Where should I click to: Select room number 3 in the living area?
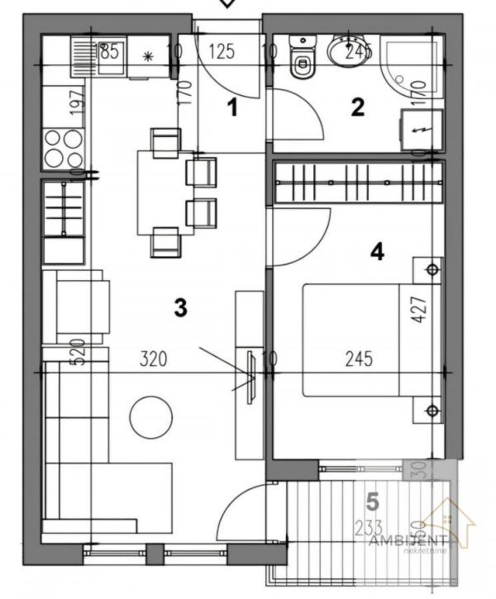[180, 308]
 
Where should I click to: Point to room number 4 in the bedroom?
[377, 251]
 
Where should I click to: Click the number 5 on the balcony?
[372, 501]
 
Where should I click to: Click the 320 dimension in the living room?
[154, 359]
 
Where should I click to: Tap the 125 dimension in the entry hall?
[221, 52]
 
